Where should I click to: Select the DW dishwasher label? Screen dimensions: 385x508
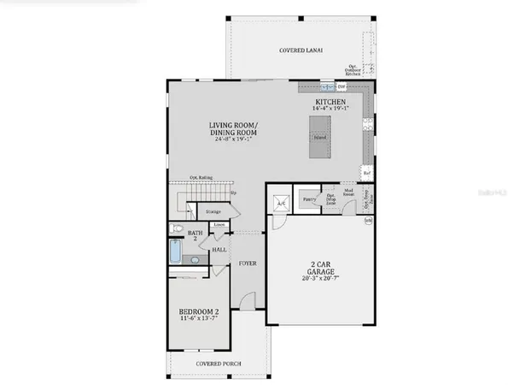pyautogui.click(x=341, y=87)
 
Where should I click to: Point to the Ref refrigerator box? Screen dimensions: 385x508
pyautogui.click(x=366, y=172)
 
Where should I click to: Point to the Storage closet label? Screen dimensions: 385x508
pyautogui.click(x=213, y=211)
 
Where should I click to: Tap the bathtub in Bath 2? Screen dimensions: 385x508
pyautogui.click(x=174, y=253)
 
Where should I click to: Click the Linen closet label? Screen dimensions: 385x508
pyautogui.click(x=219, y=226)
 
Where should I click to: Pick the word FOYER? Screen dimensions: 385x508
pyautogui.click(x=248, y=263)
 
